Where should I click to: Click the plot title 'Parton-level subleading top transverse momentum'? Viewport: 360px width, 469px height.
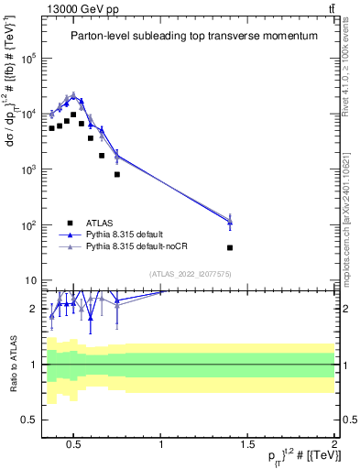(x=194, y=36)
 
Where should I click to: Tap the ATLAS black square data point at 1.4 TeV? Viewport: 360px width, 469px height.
(x=230, y=247)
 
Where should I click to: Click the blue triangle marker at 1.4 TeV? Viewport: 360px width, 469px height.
(x=230, y=222)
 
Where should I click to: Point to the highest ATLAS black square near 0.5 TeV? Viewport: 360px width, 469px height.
(x=74, y=115)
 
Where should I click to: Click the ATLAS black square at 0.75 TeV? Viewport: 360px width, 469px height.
(x=117, y=174)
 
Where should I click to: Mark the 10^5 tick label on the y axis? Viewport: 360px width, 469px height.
(x=27, y=58)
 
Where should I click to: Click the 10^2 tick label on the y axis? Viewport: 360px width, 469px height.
(x=27, y=225)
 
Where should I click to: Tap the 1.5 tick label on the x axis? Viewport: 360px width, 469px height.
(x=248, y=445)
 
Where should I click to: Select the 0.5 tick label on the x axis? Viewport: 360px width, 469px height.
(x=74, y=445)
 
